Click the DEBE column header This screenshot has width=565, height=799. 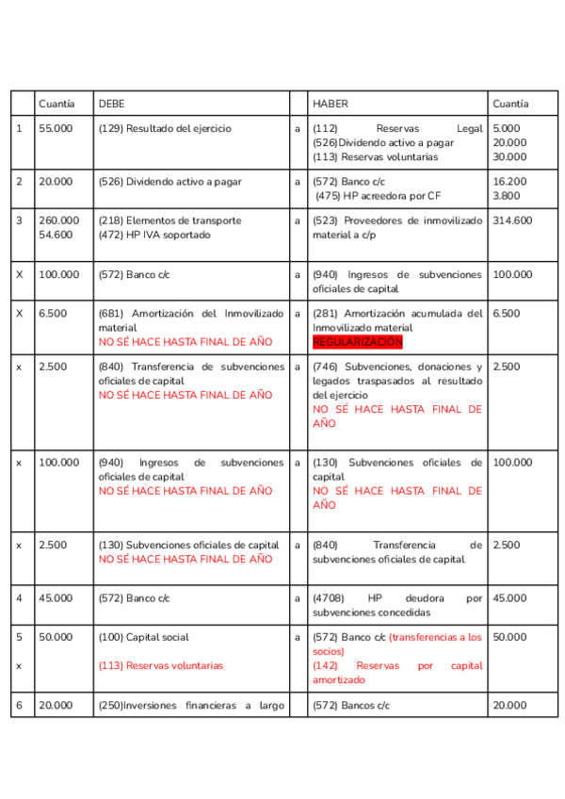111,104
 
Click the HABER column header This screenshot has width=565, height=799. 330,104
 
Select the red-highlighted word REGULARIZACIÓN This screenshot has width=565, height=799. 357,341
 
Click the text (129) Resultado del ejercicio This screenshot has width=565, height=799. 165,128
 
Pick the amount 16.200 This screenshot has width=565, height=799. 509,182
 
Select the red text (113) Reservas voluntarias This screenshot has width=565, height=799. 161,665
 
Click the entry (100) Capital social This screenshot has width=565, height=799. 144,637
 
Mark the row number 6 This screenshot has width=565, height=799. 20,705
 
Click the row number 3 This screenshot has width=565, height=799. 20,220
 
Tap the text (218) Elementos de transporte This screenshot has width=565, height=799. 169,220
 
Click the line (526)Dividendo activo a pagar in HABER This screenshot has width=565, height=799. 382,143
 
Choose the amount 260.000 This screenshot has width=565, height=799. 58,220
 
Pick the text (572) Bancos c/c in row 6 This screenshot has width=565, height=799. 350,705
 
